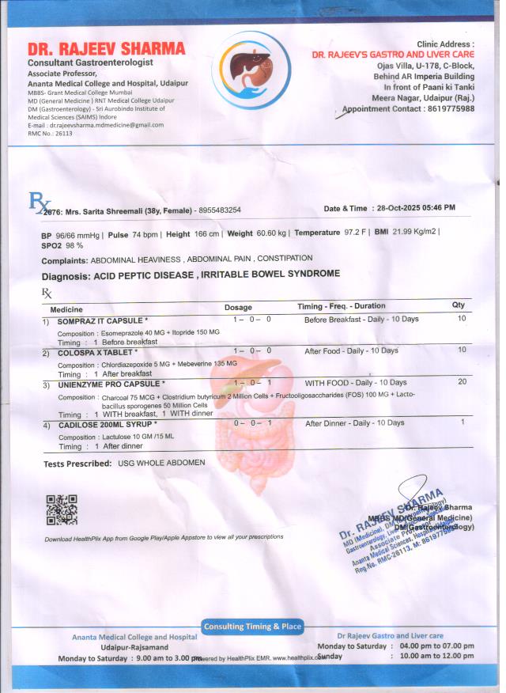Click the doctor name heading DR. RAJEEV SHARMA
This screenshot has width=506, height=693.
click(106, 49)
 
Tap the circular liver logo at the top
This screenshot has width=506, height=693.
click(251, 70)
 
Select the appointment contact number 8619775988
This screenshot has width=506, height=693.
click(446, 109)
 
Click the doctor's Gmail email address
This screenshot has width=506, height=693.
click(106, 125)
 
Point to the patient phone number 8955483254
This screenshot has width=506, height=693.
click(220, 210)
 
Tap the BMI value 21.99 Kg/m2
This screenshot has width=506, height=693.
click(415, 233)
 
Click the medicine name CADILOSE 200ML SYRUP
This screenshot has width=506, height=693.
click(108, 426)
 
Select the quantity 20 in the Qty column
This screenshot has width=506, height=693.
click(462, 382)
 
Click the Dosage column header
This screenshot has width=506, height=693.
click(238, 307)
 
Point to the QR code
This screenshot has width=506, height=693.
click(61, 510)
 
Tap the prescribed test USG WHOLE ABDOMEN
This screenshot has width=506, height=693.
click(161, 463)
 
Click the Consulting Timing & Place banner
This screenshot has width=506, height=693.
click(252, 627)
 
